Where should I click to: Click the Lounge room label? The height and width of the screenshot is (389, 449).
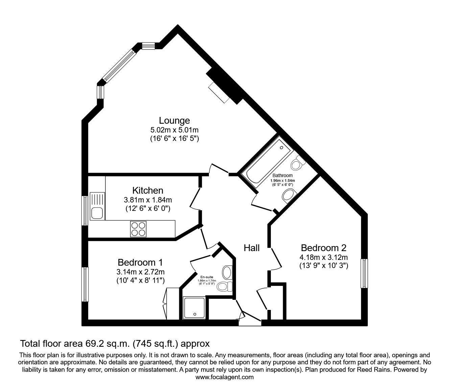(x=174, y=120)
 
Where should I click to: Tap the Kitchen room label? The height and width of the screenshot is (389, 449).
(x=147, y=190)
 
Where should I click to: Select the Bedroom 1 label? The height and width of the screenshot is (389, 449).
(x=140, y=262)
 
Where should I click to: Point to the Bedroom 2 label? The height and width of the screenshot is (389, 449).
(x=324, y=248)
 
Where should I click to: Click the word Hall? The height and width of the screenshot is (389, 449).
(x=252, y=248)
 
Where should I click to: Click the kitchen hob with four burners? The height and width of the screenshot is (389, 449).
(x=138, y=229)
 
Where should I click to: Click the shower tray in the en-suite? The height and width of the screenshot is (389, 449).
(x=194, y=308)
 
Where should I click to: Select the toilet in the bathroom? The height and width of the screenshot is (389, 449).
(x=298, y=164)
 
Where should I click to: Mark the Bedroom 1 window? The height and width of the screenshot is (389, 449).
(x=85, y=284)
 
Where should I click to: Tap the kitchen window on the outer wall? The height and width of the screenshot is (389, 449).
(x=85, y=210)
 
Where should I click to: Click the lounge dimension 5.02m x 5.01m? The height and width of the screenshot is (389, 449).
(x=174, y=130)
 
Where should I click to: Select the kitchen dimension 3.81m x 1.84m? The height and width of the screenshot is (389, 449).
(x=147, y=200)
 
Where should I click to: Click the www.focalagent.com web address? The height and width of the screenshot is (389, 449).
(x=224, y=377)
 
